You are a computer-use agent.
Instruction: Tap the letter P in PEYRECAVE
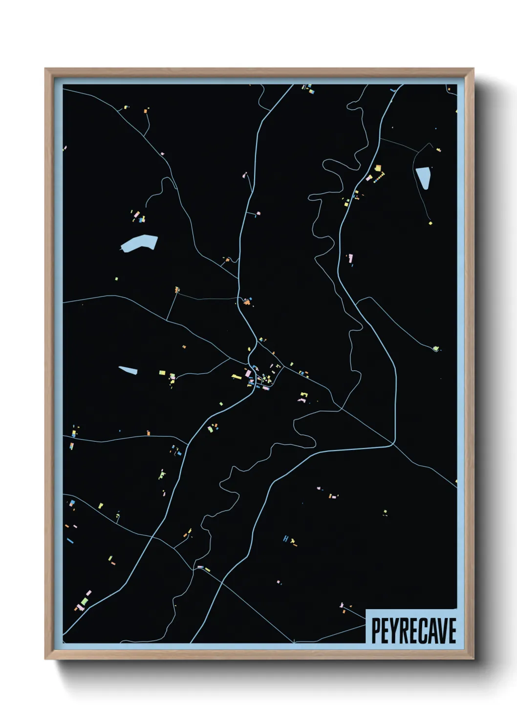pos(376,630)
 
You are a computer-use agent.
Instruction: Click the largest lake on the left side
pos(139,243)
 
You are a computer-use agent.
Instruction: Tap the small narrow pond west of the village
pos(128,370)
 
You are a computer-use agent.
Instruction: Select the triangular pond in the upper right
pos(423,177)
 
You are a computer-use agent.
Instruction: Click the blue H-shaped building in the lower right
pos(286,538)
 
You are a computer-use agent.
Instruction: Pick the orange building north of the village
pos(247,302)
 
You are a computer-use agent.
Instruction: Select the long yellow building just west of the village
pos(237,376)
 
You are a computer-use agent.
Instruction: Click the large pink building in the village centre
pos(247,373)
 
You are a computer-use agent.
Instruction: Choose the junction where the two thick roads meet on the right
pos(393,444)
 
